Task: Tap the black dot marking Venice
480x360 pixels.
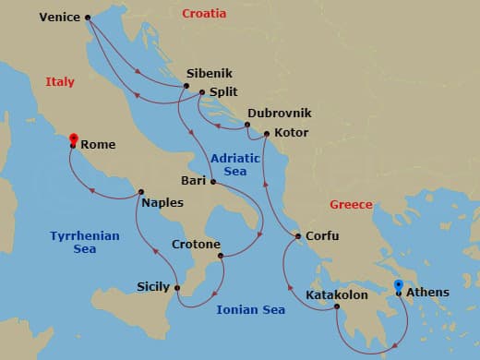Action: [88, 18]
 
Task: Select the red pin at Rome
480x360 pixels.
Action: [72, 140]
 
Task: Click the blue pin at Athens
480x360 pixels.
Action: [398, 287]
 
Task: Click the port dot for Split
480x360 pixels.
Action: [202, 92]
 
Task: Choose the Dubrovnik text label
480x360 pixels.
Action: [279, 113]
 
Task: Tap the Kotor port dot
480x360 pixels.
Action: [267, 134]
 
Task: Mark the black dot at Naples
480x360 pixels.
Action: [140, 193]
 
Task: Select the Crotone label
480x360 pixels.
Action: [196, 245]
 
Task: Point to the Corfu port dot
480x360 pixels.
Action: [298, 237]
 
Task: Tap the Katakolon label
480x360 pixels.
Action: [300, 296]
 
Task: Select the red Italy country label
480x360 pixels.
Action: [60, 82]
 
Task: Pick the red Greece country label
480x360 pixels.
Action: [351, 205]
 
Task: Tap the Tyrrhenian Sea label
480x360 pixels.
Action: [85, 242]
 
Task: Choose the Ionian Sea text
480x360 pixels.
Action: [250, 310]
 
